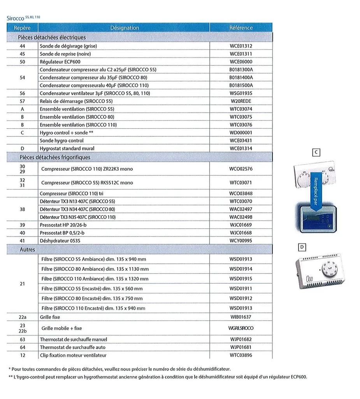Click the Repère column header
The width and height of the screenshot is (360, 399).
pos(22,28)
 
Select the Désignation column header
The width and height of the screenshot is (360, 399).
pos(125,28)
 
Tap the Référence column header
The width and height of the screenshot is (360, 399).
pos(241,28)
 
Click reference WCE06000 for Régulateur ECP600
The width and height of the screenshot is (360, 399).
pos(241,62)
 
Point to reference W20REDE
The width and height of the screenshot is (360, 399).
pos(241,101)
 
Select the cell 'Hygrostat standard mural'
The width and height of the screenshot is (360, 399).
pos(67,148)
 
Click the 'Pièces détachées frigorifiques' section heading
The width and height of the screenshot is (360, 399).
pos(55,157)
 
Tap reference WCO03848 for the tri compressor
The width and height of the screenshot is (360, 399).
pos(241,193)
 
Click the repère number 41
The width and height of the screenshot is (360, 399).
pos(22,241)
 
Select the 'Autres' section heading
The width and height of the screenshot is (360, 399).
pos(27,249)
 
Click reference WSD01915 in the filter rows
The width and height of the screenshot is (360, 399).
pos(241,279)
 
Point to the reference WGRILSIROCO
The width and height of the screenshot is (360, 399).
pos(241,328)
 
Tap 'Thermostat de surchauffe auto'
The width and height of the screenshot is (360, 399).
pos(73,347)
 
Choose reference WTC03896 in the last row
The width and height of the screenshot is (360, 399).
pos(241,355)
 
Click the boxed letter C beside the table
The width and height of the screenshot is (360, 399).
pos(317,153)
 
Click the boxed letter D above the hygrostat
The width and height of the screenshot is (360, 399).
pos(302,247)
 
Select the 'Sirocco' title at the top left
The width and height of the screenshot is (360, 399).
pos(16,18)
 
